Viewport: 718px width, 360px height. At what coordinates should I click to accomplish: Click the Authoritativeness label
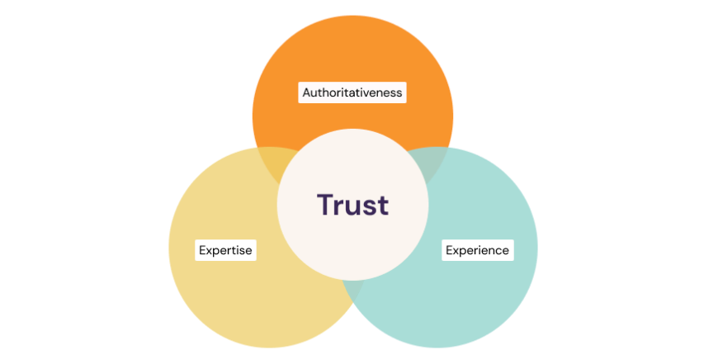(352, 92)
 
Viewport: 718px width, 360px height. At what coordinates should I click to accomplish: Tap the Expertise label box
(225, 249)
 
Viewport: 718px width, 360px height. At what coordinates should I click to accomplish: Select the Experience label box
(478, 249)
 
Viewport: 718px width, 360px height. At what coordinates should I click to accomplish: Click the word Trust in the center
(352, 205)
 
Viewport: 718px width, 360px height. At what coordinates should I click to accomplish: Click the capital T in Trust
(325, 204)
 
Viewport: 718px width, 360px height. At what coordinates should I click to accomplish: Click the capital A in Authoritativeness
(307, 92)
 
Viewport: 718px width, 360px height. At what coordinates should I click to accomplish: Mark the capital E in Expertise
(203, 249)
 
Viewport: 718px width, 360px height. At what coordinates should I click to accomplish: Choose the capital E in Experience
(450, 249)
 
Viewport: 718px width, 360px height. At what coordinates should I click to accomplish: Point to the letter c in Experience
(498, 250)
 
